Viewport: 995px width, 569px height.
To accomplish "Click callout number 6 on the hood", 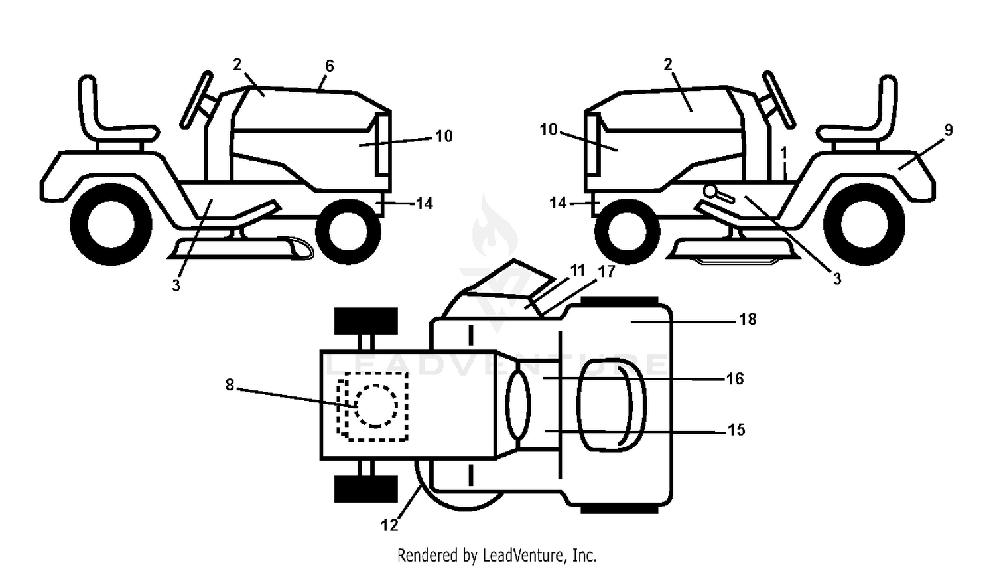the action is click(330, 66).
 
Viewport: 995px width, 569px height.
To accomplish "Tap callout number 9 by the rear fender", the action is click(949, 130).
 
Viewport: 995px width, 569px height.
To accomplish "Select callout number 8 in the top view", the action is click(230, 385).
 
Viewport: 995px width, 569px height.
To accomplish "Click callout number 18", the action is click(748, 319).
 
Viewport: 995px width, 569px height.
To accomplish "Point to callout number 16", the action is click(735, 378).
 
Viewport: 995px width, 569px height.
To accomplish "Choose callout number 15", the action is click(736, 430).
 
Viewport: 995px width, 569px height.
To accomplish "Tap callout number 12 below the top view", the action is click(389, 525).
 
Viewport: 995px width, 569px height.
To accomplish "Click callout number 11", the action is click(578, 270).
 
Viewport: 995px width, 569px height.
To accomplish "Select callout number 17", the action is click(607, 271).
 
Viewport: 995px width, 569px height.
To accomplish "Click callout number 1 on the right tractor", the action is click(783, 153).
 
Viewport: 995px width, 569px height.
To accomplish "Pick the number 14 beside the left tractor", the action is click(425, 204).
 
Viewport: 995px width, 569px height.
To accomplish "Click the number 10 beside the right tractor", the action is click(549, 130).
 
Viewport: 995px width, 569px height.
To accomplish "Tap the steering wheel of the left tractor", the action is click(196, 100).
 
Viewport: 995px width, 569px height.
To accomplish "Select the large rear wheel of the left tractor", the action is click(111, 224).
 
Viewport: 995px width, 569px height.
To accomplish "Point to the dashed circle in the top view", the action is click(376, 406).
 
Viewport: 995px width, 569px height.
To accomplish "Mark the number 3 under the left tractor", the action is click(176, 285).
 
